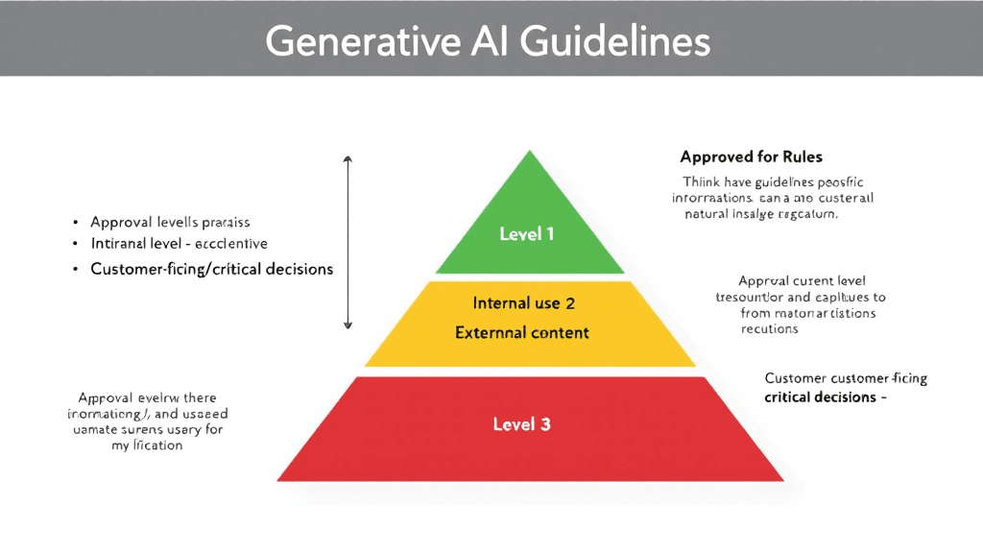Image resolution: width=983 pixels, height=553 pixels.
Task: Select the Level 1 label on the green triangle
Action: [526, 233]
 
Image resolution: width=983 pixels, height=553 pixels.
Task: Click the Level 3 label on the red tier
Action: [521, 423]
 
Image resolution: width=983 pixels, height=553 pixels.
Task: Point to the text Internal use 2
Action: [523, 303]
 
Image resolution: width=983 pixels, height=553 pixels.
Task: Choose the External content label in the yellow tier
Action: [522, 333]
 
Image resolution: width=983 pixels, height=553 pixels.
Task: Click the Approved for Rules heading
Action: [751, 156]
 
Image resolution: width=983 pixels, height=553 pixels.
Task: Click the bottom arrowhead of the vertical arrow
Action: [348, 325]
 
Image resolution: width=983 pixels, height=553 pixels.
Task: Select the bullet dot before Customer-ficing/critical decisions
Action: [75, 270]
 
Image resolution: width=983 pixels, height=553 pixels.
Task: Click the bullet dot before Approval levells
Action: [75, 222]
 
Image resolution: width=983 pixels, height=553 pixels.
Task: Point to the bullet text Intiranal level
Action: [179, 244]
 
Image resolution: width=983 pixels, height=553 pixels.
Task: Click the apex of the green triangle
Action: [529, 151]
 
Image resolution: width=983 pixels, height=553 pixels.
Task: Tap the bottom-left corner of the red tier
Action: [278, 480]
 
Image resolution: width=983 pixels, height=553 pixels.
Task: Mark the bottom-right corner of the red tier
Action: [783, 480]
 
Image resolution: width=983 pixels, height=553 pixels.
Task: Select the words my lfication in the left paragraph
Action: [147, 445]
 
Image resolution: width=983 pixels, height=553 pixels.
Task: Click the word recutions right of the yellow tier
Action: [769, 328]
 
